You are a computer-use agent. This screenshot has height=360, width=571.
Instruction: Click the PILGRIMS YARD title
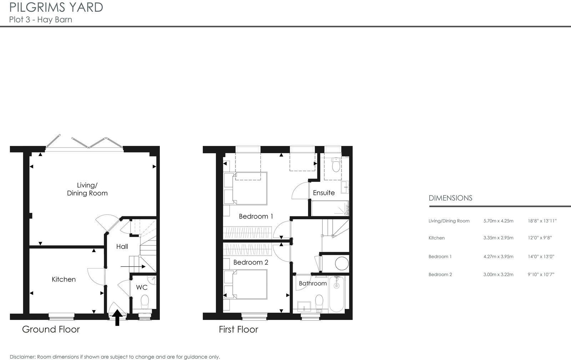click(56, 7)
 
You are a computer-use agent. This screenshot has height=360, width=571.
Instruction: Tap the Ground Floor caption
click(51, 329)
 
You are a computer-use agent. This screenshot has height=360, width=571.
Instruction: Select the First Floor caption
click(238, 329)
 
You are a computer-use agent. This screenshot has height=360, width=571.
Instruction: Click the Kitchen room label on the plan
click(64, 279)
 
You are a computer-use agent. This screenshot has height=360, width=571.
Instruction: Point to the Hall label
click(122, 246)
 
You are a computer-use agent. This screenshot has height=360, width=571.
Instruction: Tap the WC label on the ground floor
click(142, 287)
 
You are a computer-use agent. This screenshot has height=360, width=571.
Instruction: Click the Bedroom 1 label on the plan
click(256, 216)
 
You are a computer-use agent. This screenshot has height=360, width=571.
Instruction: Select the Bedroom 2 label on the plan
click(251, 262)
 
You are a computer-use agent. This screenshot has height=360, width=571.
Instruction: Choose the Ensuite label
click(324, 193)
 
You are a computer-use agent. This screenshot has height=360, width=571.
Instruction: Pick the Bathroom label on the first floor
click(313, 284)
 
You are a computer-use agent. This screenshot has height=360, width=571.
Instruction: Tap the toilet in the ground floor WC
click(145, 302)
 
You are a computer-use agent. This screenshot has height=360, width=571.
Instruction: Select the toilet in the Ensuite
click(336, 165)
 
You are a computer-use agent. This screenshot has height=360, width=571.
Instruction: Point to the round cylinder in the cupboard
click(342, 264)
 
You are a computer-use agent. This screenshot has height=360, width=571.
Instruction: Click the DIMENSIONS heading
click(450, 198)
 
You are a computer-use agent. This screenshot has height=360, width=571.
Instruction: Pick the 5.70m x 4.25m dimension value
click(498, 221)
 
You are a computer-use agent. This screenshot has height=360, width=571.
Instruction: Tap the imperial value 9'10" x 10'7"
click(541, 275)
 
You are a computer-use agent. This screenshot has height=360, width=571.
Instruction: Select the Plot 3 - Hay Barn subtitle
click(41, 20)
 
